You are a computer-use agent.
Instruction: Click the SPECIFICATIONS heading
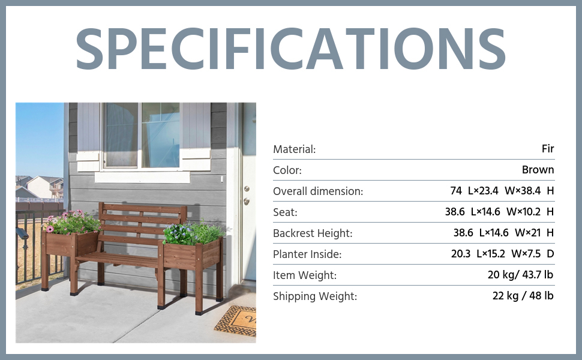[x=290, y=49]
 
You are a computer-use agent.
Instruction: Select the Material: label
[x=295, y=149]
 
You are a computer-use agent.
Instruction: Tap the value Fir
[x=548, y=148]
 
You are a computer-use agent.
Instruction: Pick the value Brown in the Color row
[x=538, y=170]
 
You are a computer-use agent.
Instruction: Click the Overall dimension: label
[x=318, y=191]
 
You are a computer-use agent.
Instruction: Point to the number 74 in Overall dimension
[x=456, y=191]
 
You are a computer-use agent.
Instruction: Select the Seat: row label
[x=285, y=212]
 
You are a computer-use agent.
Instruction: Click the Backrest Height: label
[x=313, y=233]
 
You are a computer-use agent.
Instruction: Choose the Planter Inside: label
[x=307, y=254]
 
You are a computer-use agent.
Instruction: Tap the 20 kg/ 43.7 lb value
[x=520, y=275]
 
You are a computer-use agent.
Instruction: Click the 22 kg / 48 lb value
[x=523, y=296]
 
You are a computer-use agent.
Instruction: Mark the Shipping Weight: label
[x=315, y=296]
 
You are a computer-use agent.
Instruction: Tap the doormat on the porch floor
[x=235, y=320]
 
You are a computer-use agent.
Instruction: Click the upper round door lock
[x=247, y=189]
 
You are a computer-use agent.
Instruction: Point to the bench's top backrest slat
[x=143, y=208]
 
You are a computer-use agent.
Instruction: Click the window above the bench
[x=141, y=136]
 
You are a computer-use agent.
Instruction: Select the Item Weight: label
[x=305, y=275]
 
